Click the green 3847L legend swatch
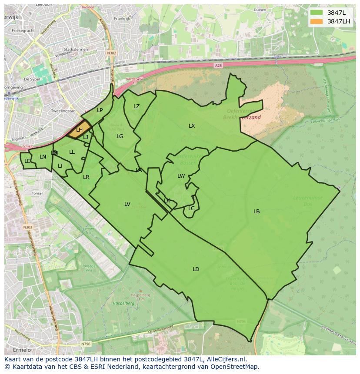coord(317,13)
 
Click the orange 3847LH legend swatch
coord(317,21)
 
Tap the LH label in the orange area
coord(79,130)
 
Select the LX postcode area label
coord(192,126)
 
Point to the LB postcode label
coord(257,212)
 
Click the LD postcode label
coord(196,269)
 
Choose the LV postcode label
coord(127,204)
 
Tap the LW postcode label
coord(181,176)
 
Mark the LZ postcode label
coord(137,106)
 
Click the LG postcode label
coord(120,136)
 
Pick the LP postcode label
coord(100,110)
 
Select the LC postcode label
coord(191,209)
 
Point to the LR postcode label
coord(86,177)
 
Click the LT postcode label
coord(60,166)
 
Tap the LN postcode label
coord(43,157)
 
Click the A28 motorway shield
coord(218,65)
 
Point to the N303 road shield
coord(27,227)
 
